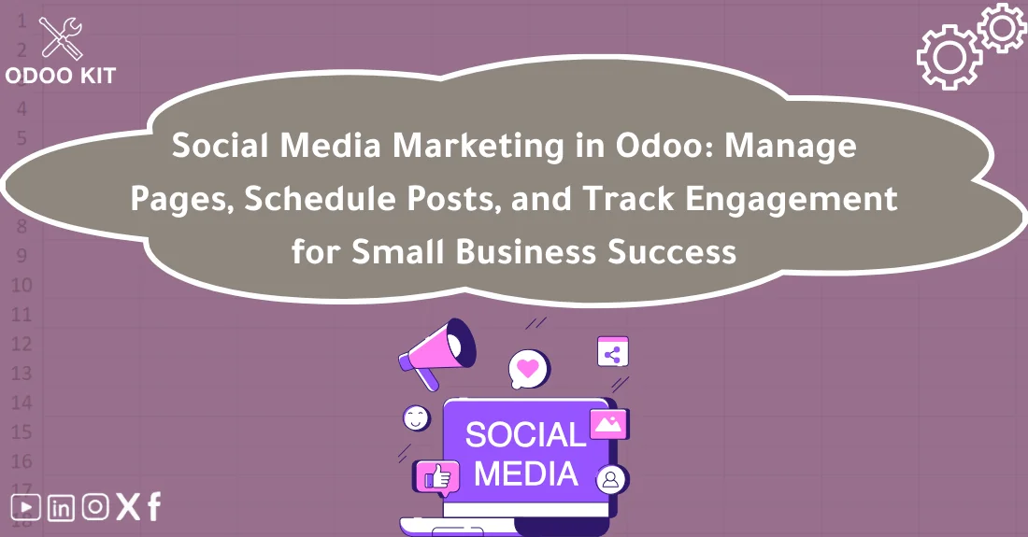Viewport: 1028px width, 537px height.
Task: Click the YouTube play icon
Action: pyautogui.click(x=26, y=507)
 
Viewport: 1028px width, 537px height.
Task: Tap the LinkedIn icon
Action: pyautogui.click(x=61, y=507)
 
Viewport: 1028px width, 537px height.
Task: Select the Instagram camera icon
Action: pyautogui.click(x=95, y=507)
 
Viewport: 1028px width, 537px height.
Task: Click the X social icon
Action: pyautogui.click(x=128, y=507)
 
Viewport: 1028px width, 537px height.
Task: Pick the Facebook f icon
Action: pyautogui.click(x=153, y=507)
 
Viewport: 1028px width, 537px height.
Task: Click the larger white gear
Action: pyautogui.click(x=949, y=57)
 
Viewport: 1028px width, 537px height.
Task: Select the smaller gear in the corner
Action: pyautogui.click(x=1002, y=27)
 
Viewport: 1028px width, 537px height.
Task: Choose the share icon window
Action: pyautogui.click(x=613, y=352)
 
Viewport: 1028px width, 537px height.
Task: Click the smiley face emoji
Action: pyautogui.click(x=417, y=417)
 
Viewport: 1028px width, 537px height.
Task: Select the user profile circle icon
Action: pyautogui.click(x=611, y=480)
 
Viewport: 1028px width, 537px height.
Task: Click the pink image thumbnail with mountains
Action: pyautogui.click(x=607, y=424)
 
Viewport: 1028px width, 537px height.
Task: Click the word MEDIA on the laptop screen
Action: pyautogui.click(x=525, y=473)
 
